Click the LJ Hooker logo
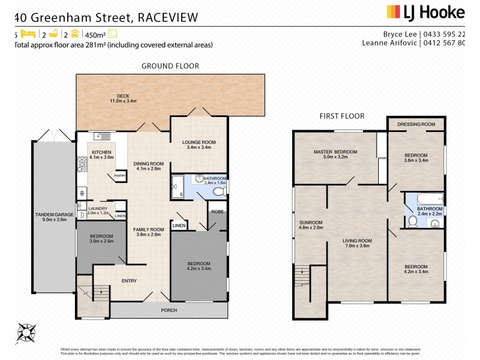tap(425, 12)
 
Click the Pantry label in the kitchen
tap(120, 175)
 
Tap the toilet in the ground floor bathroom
tap(220, 191)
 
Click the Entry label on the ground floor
tap(129, 281)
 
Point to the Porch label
tap(169, 311)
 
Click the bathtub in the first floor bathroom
tap(425, 199)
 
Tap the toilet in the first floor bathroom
tap(412, 222)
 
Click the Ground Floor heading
tap(170, 66)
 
